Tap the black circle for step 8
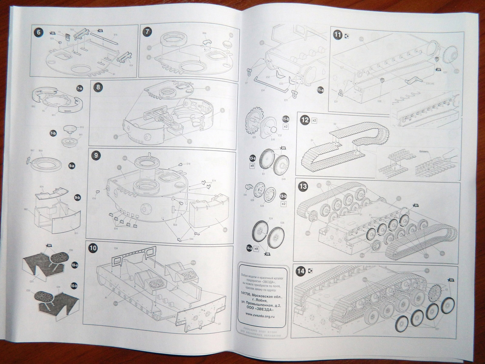coord(98,88)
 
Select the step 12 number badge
coord(305,120)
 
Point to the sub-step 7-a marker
coord(80,89)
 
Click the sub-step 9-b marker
coord(77,198)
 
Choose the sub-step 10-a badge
coord(74,265)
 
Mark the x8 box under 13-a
coord(252,166)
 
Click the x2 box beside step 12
coord(314,121)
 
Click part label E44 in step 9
coord(191,239)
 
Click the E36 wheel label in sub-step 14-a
coord(282,223)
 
